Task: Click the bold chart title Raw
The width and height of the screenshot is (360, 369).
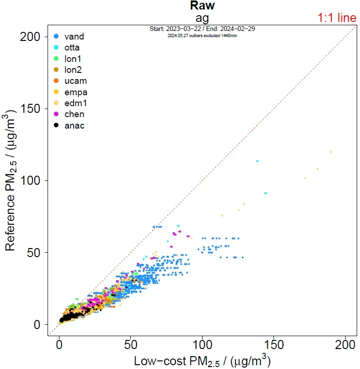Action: click(202, 6)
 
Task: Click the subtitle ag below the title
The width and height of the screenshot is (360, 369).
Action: click(202, 18)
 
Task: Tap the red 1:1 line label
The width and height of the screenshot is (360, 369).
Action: click(337, 18)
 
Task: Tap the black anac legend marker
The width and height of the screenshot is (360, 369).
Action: click(57, 126)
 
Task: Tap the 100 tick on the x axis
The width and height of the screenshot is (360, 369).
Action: click(202, 344)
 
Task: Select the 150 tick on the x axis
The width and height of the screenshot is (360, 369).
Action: click(274, 344)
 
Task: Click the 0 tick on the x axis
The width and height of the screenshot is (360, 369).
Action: click(59, 344)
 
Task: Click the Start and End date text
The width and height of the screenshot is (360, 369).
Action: click(202, 29)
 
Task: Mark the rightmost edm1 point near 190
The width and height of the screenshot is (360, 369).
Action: click(331, 152)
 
